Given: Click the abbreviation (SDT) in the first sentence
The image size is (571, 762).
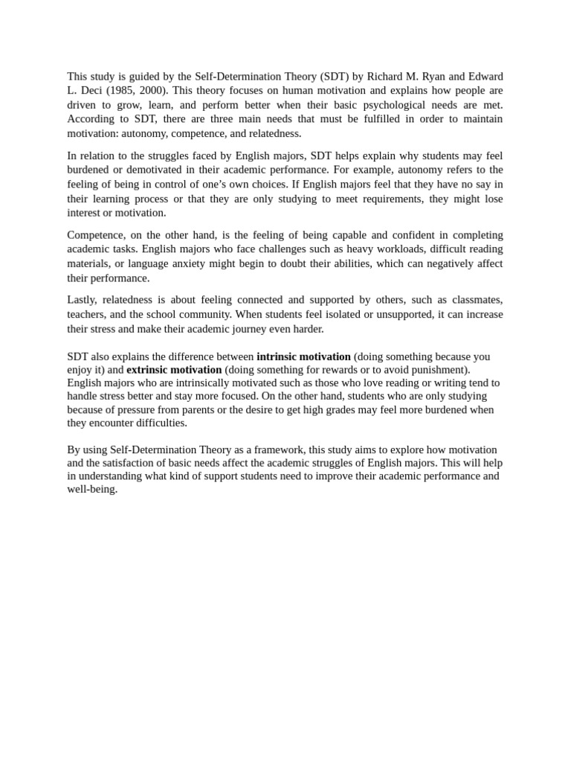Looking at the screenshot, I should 335,77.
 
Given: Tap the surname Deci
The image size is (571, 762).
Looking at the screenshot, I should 88,91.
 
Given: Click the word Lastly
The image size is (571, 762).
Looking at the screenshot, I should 83,300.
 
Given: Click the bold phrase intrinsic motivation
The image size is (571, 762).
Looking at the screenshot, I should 303,356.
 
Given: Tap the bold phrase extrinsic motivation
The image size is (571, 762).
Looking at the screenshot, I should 174,370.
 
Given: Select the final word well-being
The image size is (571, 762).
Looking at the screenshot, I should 91,490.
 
